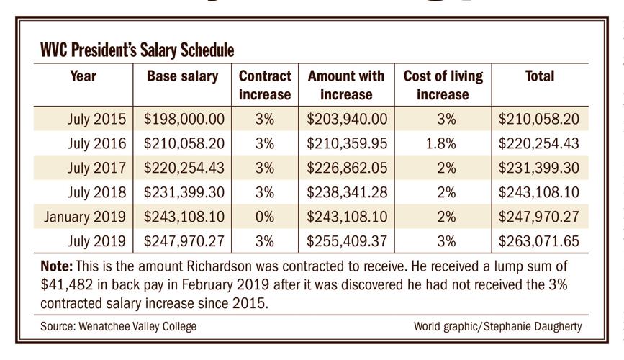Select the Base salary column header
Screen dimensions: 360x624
tap(182, 76)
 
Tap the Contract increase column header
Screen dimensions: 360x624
tap(265, 85)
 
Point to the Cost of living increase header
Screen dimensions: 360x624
tap(443, 85)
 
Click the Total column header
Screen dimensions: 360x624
tap(540, 76)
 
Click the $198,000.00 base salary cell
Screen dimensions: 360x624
tap(185, 119)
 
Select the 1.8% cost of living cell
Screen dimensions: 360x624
tap(441, 143)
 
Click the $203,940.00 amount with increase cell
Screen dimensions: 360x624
tap(346, 119)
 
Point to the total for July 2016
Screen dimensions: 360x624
tap(539, 143)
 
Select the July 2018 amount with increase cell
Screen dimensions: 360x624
tap(346, 193)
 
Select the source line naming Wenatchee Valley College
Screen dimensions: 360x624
tap(118, 326)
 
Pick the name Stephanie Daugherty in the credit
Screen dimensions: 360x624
tap(538, 326)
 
